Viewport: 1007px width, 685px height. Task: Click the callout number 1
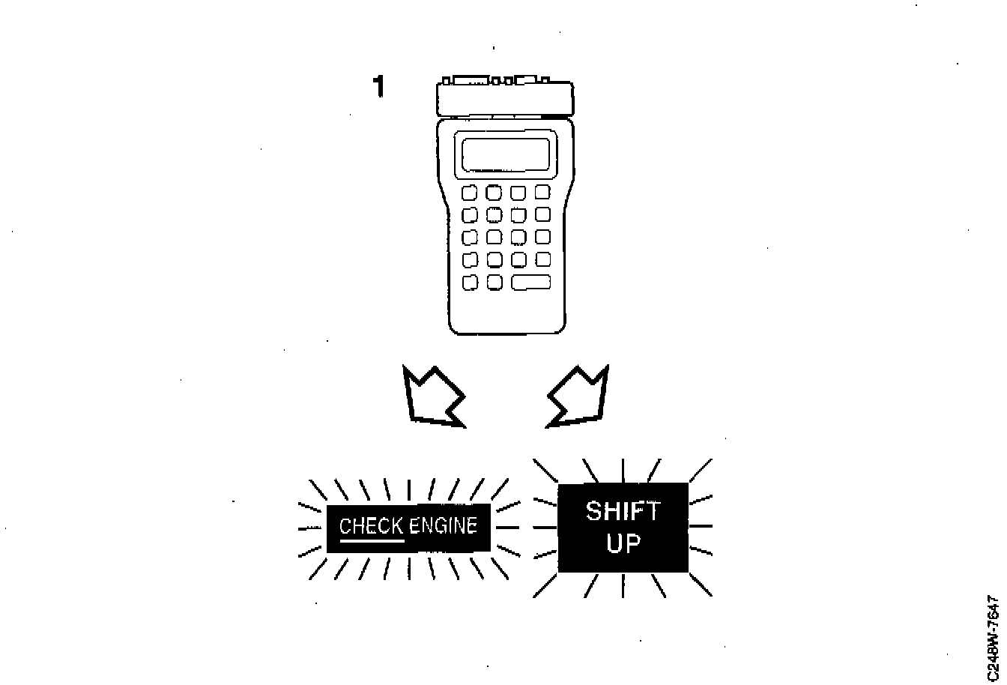(379, 88)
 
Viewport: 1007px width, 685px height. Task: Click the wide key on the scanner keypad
(531, 283)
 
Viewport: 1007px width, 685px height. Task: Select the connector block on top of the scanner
(505, 97)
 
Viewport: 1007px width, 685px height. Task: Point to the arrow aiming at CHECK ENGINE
(432, 396)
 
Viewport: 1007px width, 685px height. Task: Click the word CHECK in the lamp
(372, 525)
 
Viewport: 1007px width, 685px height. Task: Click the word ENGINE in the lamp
(443, 525)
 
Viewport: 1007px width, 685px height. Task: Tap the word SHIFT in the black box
(623, 512)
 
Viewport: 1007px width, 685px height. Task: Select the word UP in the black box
(623, 543)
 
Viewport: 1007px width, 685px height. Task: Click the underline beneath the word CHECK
(372, 539)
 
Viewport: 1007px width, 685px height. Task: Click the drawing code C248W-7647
(994, 639)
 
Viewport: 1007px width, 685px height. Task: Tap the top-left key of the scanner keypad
(470, 193)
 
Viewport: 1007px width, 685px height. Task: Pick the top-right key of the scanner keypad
(542, 192)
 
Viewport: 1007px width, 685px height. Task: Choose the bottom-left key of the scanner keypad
(470, 283)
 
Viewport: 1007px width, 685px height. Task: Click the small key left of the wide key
(494, 283)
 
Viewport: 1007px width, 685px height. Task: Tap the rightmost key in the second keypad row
(542, 215)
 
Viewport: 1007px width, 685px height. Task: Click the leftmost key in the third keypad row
(470, 238)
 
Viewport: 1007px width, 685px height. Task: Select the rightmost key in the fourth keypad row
(542, 259)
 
